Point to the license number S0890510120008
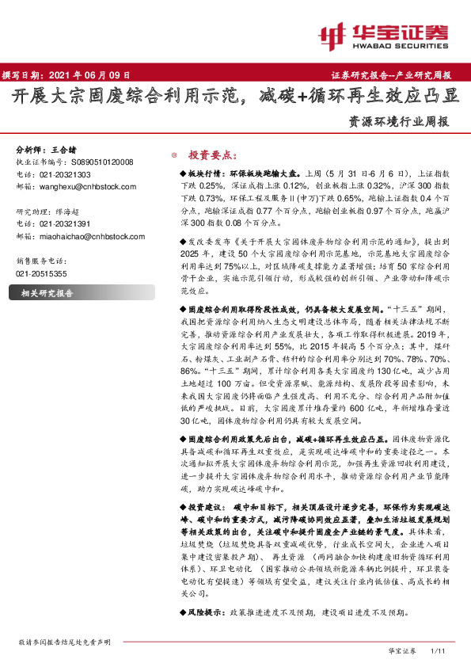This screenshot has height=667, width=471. (97, 162)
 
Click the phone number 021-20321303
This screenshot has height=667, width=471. (65, 174)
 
